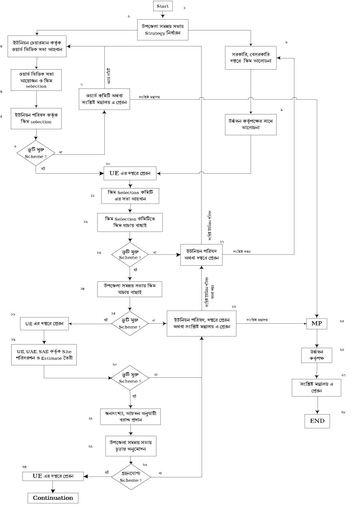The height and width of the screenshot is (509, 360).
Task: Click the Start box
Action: (x=163, y=6)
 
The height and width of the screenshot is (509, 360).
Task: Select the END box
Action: (x=317, y=421)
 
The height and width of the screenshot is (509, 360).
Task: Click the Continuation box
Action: (x=53, y=498)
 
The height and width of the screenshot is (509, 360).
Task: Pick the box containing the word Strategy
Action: (x=162, y=29)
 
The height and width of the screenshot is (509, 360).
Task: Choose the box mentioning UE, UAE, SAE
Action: (x=44, y=354)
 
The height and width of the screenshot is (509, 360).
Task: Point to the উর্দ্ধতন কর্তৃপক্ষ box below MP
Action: (x=316, y=355)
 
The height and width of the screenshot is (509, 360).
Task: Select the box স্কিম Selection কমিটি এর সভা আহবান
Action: (x=130, y=196)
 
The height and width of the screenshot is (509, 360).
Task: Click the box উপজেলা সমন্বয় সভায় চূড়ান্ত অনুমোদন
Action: (x=130, y=446)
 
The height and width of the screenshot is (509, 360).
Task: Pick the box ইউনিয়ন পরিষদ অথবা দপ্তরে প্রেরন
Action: (x=202, y=254)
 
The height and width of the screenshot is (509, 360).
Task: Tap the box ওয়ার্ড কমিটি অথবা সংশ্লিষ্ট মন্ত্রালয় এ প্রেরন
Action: (x=104, y=98)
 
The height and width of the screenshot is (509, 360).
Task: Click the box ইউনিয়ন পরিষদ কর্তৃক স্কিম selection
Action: (x=36, y=118)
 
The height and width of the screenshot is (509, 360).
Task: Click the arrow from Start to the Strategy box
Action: (x=163, y=15)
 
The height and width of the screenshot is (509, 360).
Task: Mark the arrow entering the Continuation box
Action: (x=53, y=486)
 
